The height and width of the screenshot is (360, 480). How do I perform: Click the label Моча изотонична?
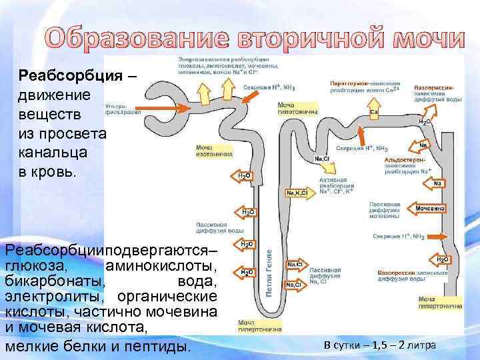(211, 150)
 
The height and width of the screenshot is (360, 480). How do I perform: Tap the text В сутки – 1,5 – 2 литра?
(379, 345)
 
